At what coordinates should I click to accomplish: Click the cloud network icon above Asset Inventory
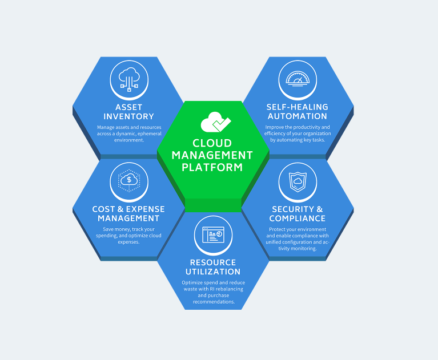(128, 79)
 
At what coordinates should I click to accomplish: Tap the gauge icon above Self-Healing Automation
(297, 79)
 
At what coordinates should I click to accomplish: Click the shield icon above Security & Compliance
(297, 181)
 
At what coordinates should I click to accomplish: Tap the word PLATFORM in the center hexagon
(212, 167)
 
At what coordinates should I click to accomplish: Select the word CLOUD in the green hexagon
(212, 143)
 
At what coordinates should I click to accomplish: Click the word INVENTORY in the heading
(128, 116)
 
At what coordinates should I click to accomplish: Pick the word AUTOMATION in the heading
(297, 116)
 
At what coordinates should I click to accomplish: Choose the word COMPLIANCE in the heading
(297, 219)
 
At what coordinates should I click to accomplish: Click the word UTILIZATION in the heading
(213, 272)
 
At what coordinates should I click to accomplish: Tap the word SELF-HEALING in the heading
(297, 107)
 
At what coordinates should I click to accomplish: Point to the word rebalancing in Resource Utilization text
(228, 289)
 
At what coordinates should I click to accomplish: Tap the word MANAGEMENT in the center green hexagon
(212, 155)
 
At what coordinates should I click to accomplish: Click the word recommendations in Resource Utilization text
(213, 302)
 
